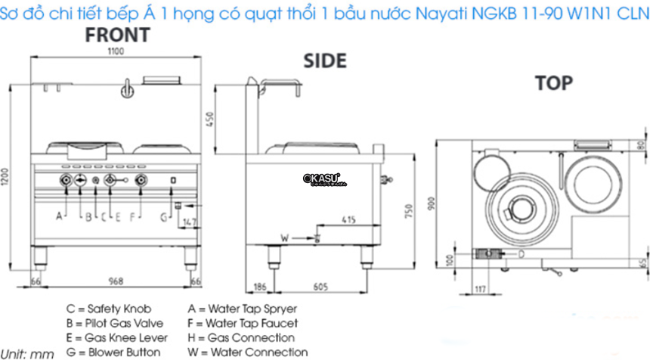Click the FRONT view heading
tap(117, 35)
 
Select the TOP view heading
tap(554, 82)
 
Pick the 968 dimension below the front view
tap(116, 281)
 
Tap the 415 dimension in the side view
tap(348, 220)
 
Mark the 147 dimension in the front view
tap(189, 222)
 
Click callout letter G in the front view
tap(163, 217)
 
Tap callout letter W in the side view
tap(284, 237)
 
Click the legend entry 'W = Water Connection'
tap(247, 352)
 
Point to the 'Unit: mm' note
tap(27, 353)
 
